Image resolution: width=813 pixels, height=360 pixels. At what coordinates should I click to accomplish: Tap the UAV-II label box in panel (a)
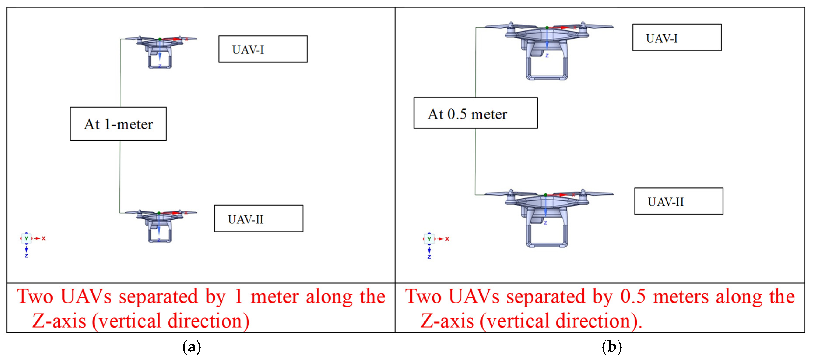pos(259,218)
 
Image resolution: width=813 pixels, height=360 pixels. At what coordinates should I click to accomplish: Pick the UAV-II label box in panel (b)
pos(679,201)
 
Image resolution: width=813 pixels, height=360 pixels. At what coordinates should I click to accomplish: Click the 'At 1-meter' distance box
pos(118,124)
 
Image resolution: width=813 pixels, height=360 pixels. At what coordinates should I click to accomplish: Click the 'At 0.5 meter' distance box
pos(475,113)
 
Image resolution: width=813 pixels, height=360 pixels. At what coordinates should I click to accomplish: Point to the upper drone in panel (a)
pos(160,51)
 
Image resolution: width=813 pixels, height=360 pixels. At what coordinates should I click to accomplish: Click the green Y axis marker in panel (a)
pos(26,238)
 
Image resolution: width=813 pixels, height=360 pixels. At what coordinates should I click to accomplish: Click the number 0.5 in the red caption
pos(633,296)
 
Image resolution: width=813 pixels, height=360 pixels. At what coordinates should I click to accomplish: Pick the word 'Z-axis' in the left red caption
pos(59,321)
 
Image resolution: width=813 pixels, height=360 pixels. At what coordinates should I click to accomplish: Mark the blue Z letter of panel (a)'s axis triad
pos(26,256)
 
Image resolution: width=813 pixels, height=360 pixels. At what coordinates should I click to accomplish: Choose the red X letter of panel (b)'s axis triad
pos(447,239)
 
